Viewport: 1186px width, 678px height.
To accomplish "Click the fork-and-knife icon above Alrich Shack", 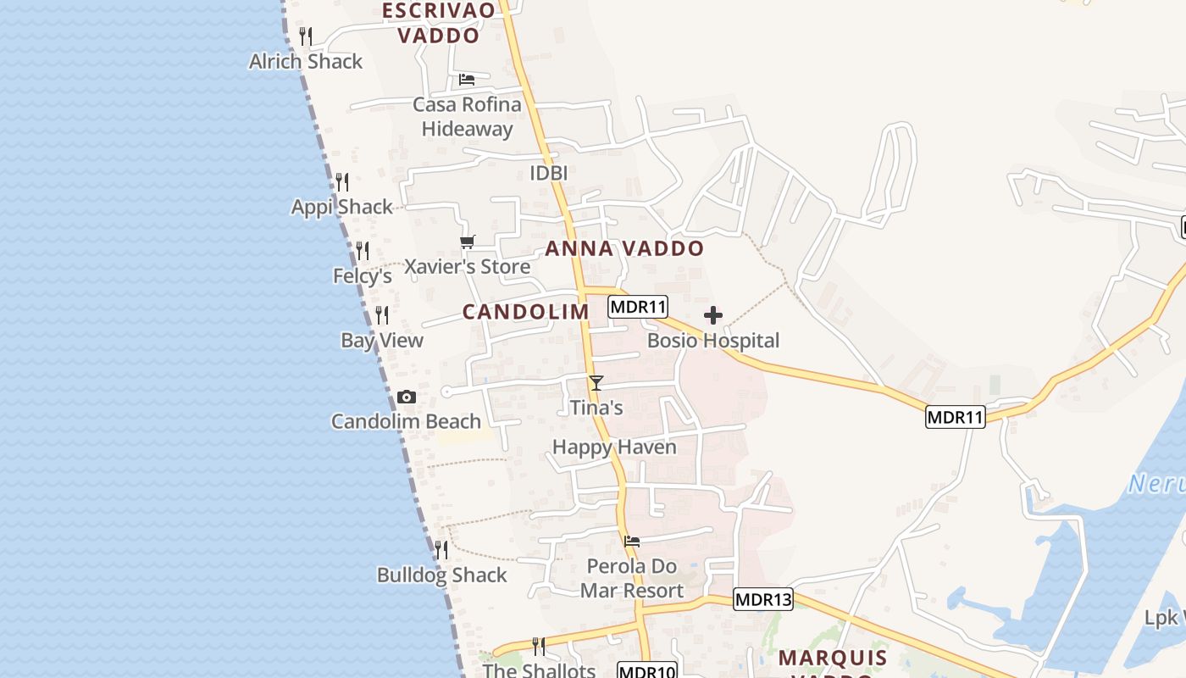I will [x=306, y=36].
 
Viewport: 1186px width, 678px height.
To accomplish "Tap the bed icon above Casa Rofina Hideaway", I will [x=466, y=80].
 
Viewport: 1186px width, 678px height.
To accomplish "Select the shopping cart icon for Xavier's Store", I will [x=467, y=242].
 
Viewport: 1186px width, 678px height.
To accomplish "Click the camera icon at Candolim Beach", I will [x=407, y=397].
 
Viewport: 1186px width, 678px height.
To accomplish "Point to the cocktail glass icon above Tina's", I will [x=596, y=382].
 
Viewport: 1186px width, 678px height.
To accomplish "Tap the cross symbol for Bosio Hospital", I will [x=713, y=316].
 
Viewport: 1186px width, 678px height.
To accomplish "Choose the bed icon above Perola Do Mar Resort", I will [x=631, y=541].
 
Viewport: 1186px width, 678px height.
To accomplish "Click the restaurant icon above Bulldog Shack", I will [x=441, y=550].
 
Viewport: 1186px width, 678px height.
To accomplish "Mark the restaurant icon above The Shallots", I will [x=538, y=647].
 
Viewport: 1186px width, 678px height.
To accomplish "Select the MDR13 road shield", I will [x=762, y=599].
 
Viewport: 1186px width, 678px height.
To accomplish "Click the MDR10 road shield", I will [x=647, y=671].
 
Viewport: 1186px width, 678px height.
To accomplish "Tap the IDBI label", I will [x=548, y=173].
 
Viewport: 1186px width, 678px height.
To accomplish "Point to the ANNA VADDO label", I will [x=624, y=248].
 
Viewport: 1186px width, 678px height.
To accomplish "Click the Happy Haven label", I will [x=614, y=447].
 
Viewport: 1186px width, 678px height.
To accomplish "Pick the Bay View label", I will [x=382, y=340].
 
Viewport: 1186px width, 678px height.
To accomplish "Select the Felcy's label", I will [x=363, y=275].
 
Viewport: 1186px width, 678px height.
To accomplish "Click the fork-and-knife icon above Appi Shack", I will [x=341, y=182].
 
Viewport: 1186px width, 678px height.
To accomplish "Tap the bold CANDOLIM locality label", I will [x=525, y=311].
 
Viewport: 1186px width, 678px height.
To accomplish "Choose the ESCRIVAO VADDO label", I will [x=439, y=23].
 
